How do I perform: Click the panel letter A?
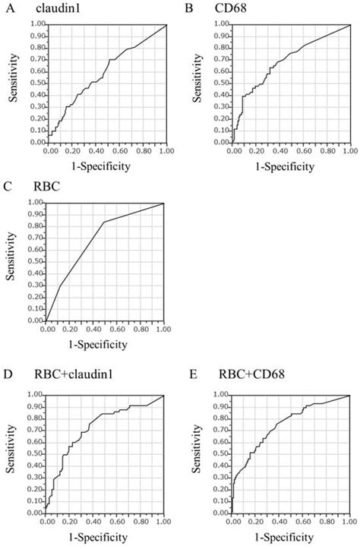(6, 8)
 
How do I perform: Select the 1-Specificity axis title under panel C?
(105, 343)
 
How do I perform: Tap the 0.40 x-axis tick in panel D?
(93, 523)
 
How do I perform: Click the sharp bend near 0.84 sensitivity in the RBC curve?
(104, 222)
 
